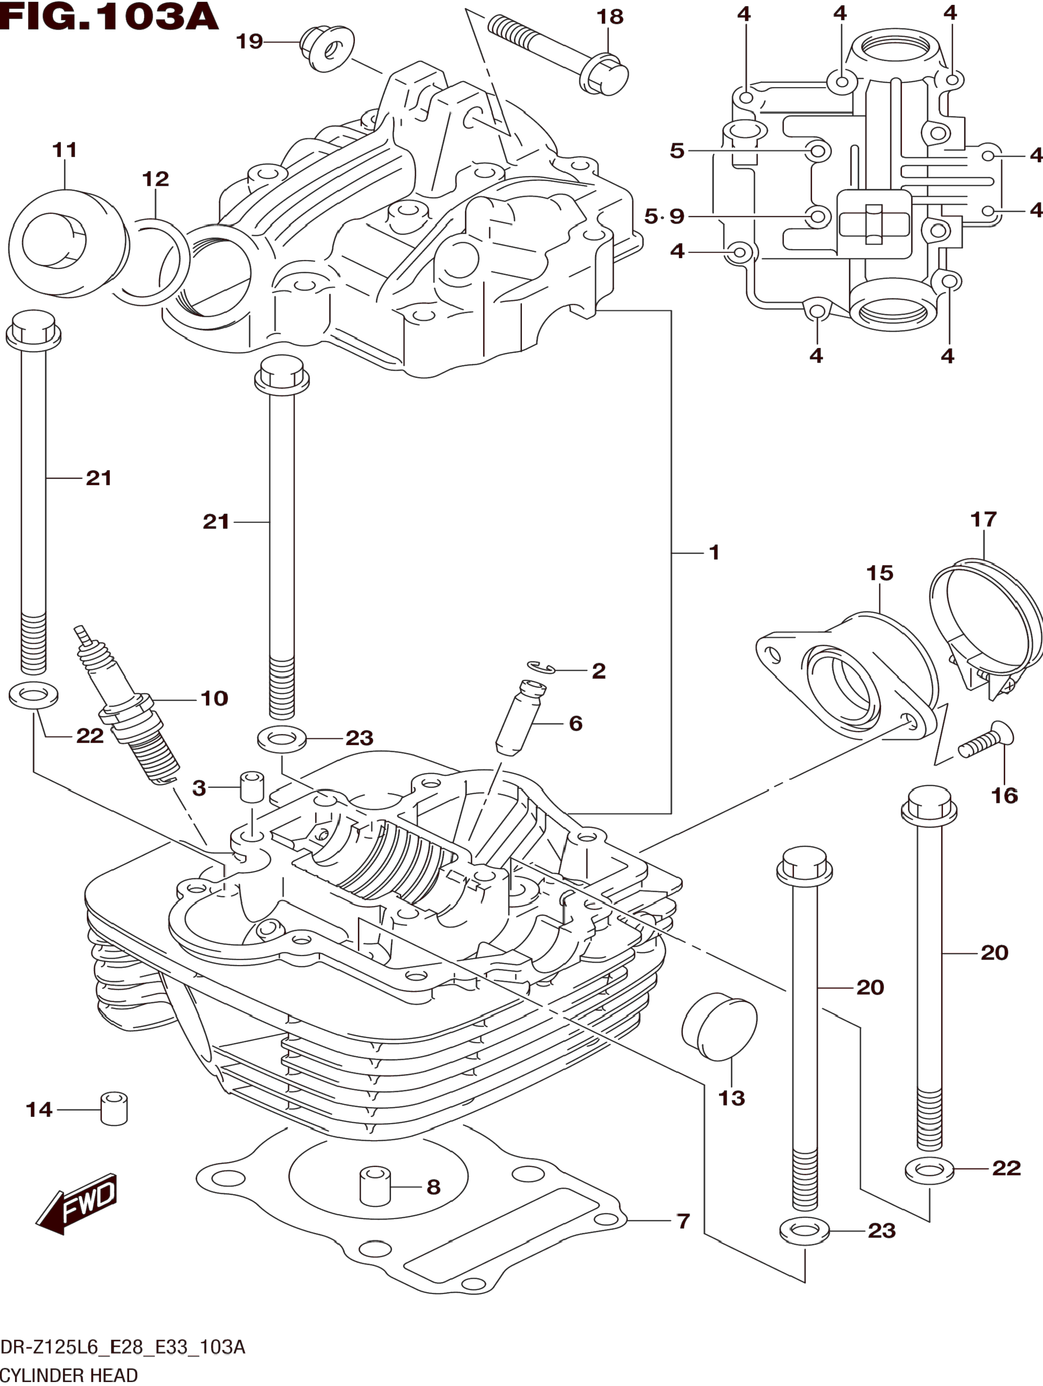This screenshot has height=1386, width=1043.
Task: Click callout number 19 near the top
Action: click(x=249, y=42)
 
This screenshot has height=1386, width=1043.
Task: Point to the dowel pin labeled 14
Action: click(x=113, y=1109)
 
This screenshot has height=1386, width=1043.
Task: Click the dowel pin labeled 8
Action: click(x=374, y=1186)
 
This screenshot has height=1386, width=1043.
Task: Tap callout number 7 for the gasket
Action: click(x=683, y=1221)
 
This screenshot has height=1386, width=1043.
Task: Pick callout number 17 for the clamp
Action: click(x=983, y=519)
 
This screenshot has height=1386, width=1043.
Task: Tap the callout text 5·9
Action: click(x=664, y=217)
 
